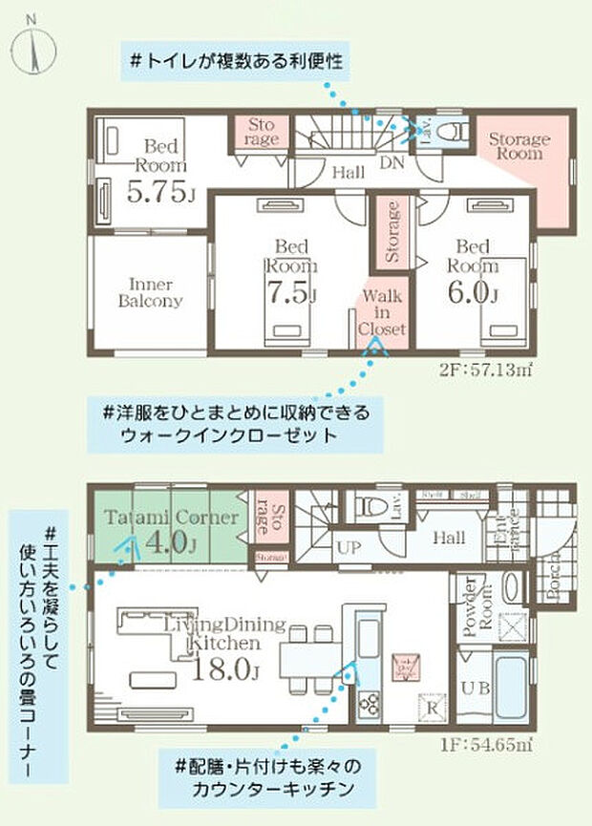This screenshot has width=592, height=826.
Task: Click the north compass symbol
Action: [33, 43]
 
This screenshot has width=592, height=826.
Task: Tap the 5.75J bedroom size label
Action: [160, 192]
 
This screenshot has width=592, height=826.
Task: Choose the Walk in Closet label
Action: [381, 311]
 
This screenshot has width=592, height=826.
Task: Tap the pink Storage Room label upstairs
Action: [519, 146]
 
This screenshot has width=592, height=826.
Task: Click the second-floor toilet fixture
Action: [453, 130]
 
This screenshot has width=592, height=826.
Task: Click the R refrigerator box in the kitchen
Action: [431, 708]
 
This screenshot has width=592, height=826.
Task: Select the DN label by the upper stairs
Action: [392, 163]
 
